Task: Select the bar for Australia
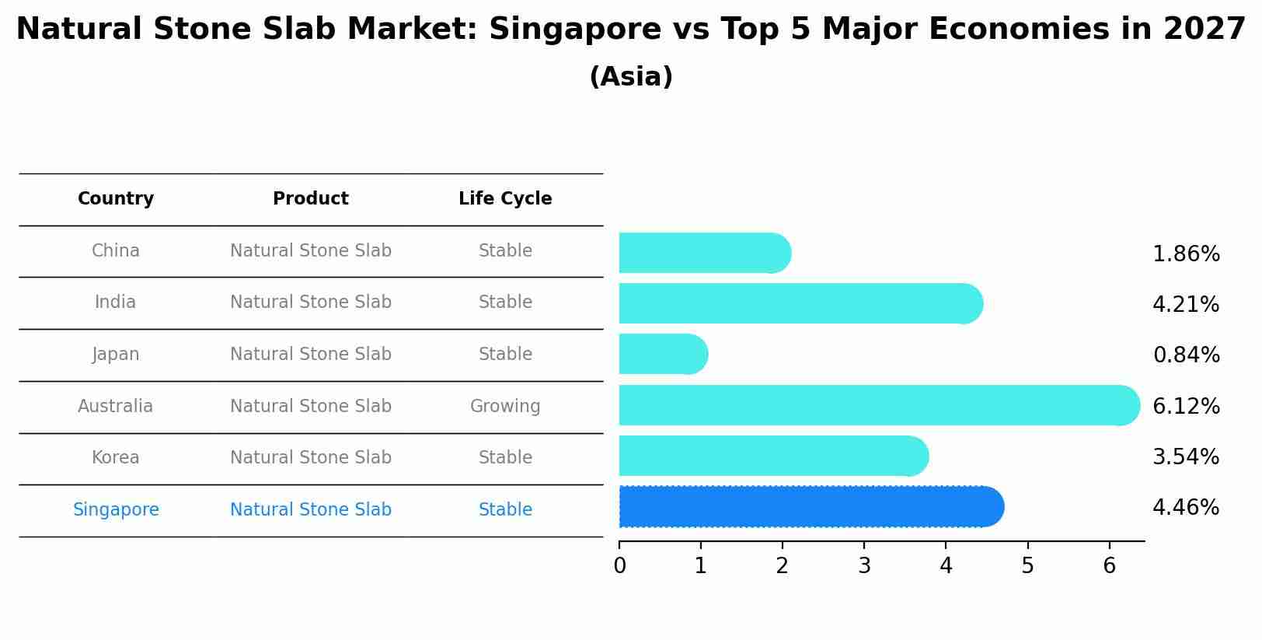click(878, 405)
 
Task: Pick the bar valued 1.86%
click(704, 253)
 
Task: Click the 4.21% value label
click(1185, 304)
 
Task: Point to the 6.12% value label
click(1185, 406)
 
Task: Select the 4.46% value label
click(1185, 508)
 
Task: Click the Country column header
click(116, 199)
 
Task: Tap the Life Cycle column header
click(505, 199)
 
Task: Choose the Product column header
click(311, 199)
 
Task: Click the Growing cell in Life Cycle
click(505, 406)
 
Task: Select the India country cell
click(116, 303)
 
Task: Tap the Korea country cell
click(116, 458)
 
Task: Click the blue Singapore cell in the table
click(116, 510)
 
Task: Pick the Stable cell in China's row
click(505, 251)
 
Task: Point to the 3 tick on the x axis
click(864, 565)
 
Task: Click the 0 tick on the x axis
click(619, 565)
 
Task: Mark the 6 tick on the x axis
click(1109, 565)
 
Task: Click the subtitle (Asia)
click(630, 77)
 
